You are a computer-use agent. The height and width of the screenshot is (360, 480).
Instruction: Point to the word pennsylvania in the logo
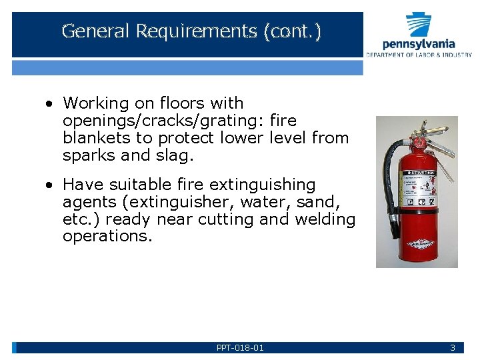[x=419, y=44]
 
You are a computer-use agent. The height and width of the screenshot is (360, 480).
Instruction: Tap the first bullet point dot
[x=49, y=104]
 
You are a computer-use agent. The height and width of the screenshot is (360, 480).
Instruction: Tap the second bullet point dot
[x=49, y=185]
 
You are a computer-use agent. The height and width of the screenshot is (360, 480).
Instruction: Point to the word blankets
[x=94, y=138]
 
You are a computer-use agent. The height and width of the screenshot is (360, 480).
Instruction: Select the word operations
[x=107, y=237]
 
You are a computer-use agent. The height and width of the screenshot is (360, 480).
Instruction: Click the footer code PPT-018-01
[x=240, y=347]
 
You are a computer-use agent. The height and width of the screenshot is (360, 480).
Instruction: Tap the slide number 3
[x=453, y=347]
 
